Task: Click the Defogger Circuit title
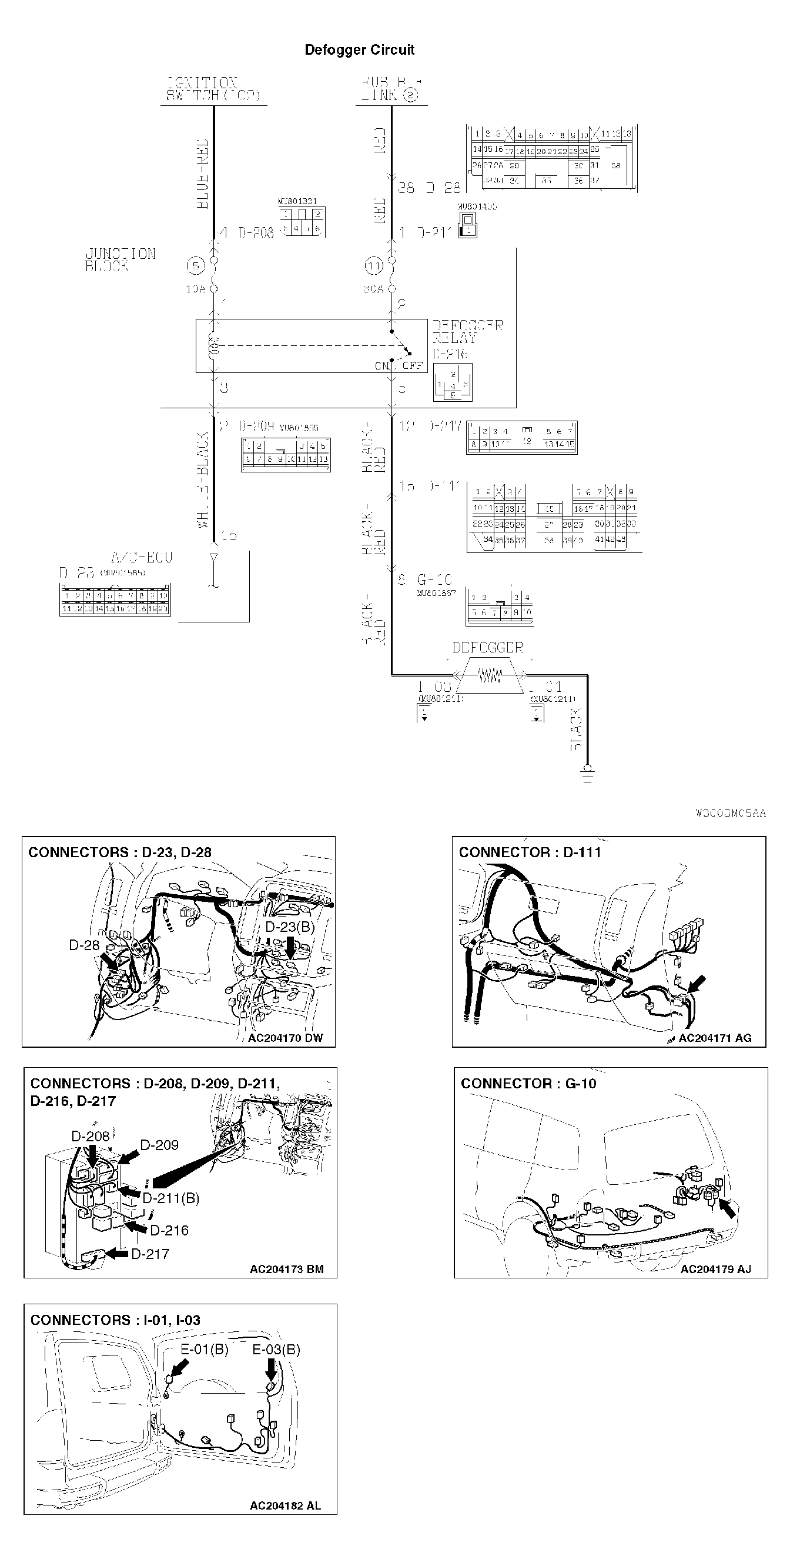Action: click(x=359, y=49)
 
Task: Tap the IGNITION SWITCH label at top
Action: click(x=212, y=89)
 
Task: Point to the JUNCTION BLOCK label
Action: click(x=120, y=259)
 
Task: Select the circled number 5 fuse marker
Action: click(x=195, y=265)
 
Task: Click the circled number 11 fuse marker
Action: click(x=374, y=265)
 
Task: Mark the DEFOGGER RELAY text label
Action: click(x=467, y=332)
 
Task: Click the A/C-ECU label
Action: click(x=142, y=557)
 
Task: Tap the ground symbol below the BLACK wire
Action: click(x=587, y=774)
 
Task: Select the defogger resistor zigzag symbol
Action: click(x=490, y=675)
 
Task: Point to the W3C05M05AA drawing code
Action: click(x=730, y=813)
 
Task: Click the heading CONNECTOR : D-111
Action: click(x=530, y=852)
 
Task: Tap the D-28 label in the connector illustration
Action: click(x=83, y=945)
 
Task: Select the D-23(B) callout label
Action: click(x=290, y=927)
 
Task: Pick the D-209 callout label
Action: click(x=159, y=1145)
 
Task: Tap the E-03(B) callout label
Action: click(x=276, y=1350)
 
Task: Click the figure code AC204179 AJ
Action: click(x=715, y=1269)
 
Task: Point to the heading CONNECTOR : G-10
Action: click(x=528, y=1083)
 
